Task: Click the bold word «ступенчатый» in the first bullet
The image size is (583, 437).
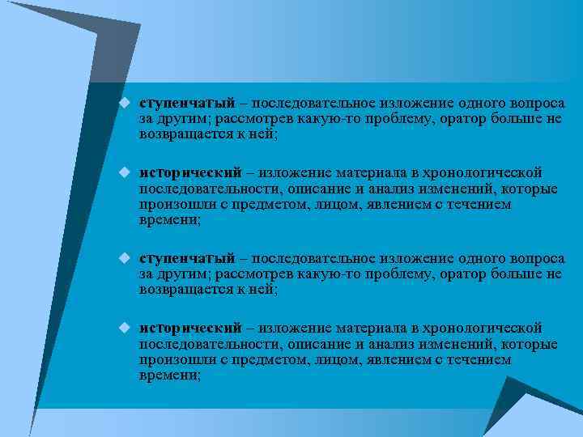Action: click(186, 104)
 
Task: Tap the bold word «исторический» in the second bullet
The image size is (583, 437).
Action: click(189, 172)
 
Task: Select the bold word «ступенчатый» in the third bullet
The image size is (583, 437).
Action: click(186, 258)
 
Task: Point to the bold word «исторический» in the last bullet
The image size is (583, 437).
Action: click(189, 327)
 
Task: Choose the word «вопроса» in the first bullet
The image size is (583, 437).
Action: click(537, 104)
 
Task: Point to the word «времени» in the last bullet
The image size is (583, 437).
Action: click(168, 375)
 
